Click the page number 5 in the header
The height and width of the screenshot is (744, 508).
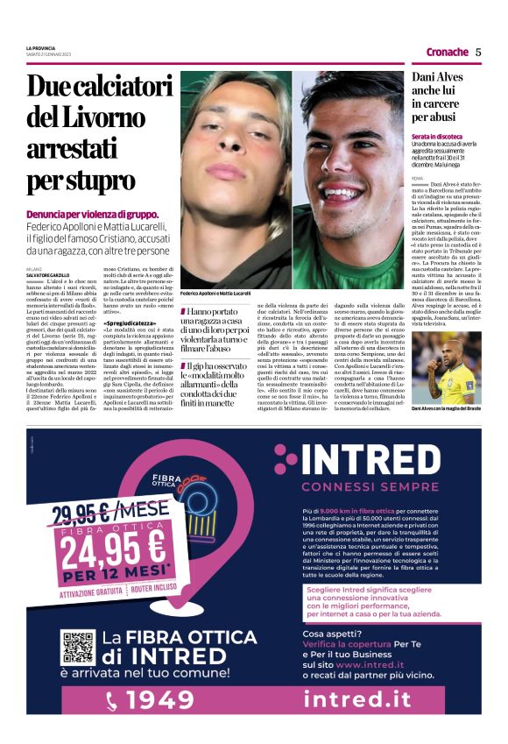(x=478, y=52)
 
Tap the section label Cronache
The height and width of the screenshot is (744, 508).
(x=447, y=52)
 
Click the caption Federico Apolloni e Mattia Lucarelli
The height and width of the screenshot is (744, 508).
(x=215, y=293)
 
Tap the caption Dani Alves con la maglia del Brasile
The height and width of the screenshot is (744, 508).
(x=447, y=408)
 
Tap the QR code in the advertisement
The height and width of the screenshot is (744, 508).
(x=77, y=648)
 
